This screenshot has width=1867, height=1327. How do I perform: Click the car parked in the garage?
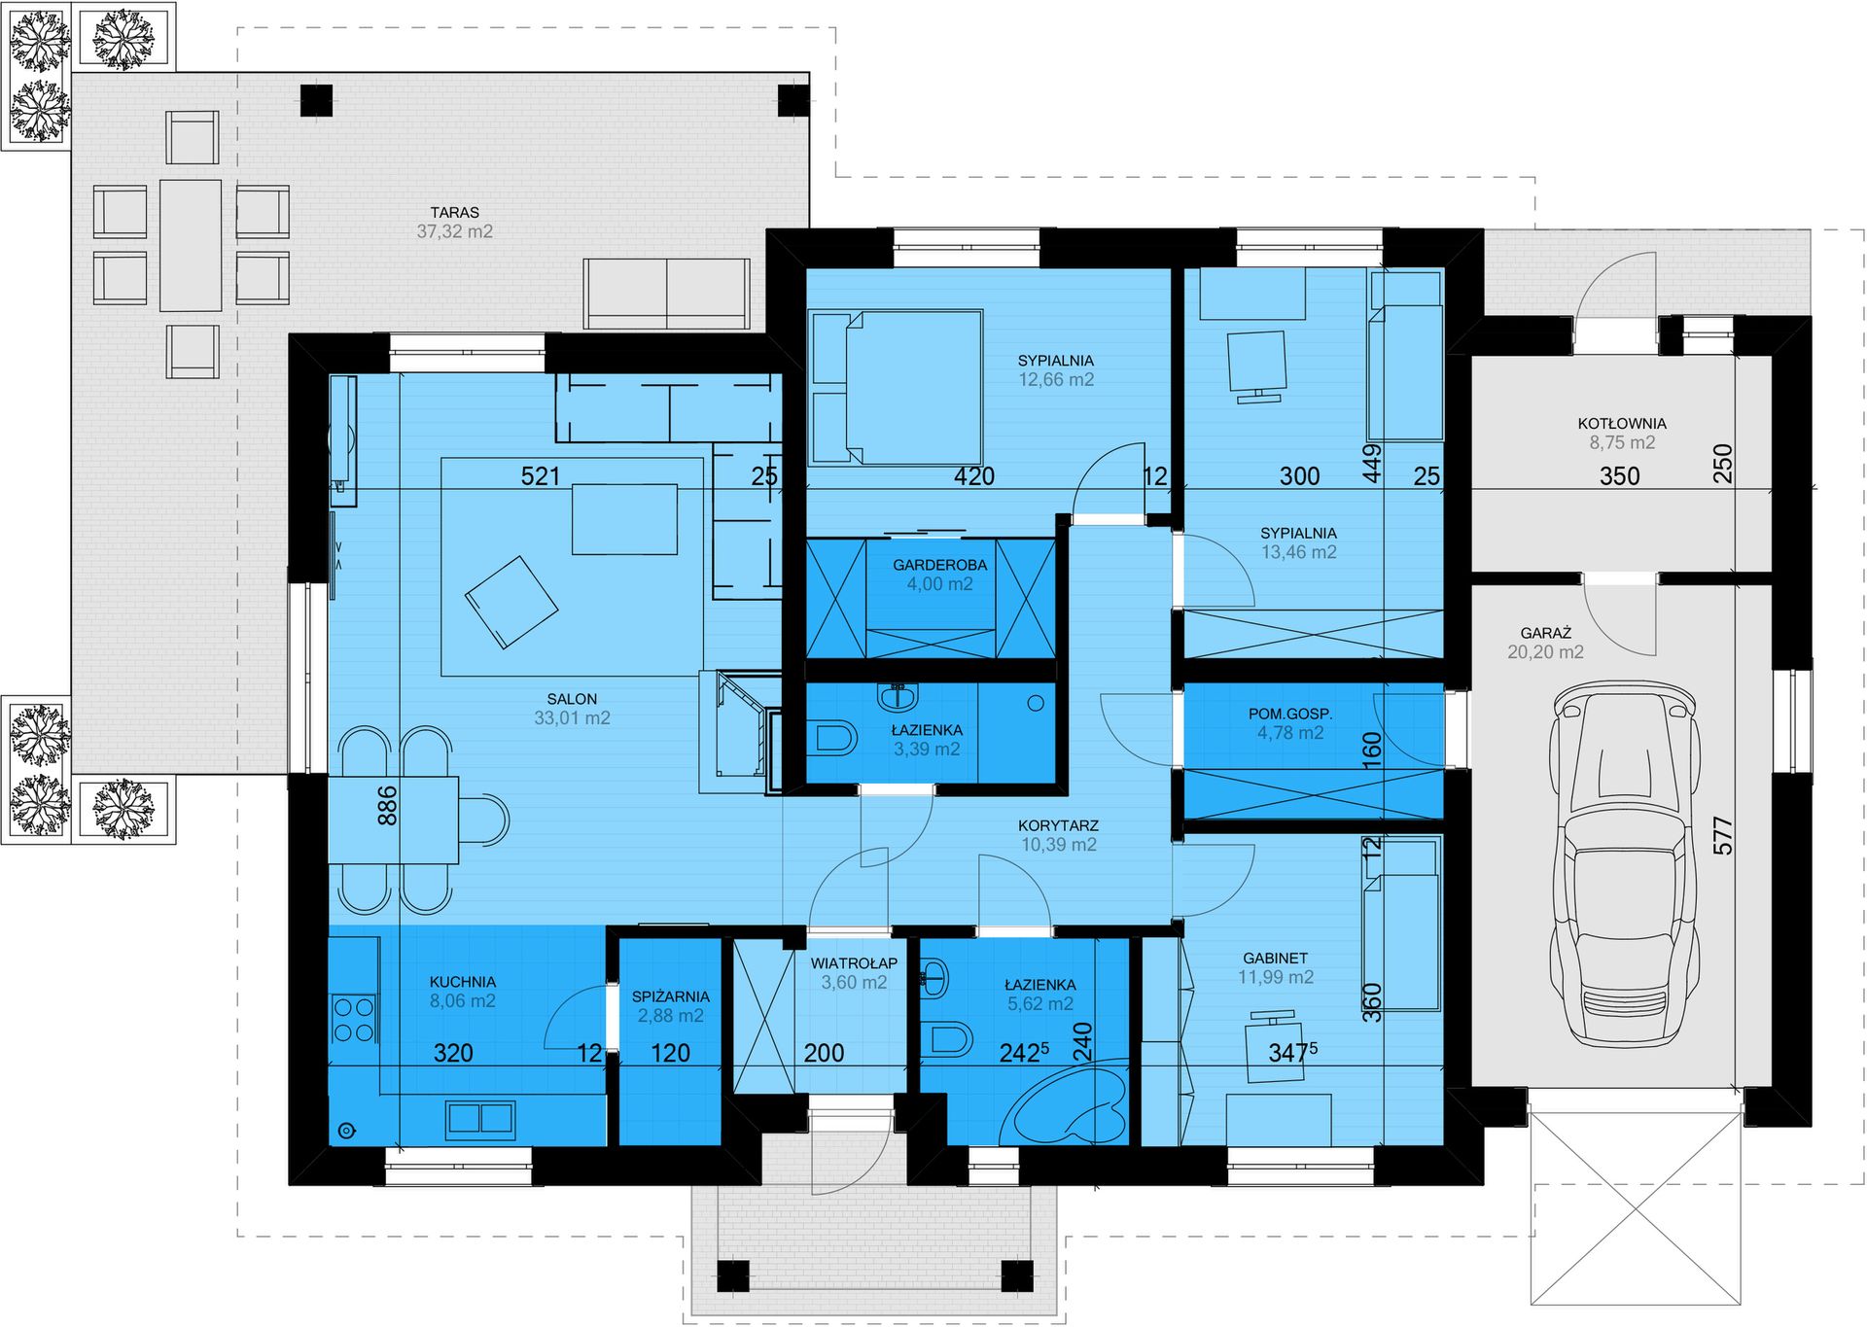[x=1624, y=863]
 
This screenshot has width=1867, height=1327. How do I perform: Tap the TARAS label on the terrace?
[x=455, y=212]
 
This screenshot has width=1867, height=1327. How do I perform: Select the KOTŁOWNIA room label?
[x=1622, y=424]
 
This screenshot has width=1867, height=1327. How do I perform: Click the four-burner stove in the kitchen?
[x=354, y=1019]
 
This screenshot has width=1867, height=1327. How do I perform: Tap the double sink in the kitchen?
[x=480, y=1120]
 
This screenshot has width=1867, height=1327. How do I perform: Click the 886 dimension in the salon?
[x=387, y=806]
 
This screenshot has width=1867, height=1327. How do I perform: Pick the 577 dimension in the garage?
[x=1723, y=835]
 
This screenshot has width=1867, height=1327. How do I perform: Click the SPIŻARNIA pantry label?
[x=671, y=996]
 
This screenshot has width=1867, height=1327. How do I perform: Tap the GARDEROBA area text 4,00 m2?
[x=939, y=584]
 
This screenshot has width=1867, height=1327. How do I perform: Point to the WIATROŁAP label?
[x=854, y=963]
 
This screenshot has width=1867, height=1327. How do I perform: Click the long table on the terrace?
[x=191, y=245]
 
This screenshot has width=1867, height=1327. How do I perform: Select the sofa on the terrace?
[x=667, y=294]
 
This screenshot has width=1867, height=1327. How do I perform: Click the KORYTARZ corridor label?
[x=1058, y=825]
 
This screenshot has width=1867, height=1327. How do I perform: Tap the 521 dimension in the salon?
[x=541, y=475]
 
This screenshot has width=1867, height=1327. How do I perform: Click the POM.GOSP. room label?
[x=1290, y=714]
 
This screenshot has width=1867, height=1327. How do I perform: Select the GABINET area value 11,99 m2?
[x=1276, y=977]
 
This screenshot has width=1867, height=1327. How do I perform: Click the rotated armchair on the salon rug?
[x=511, y=602]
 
